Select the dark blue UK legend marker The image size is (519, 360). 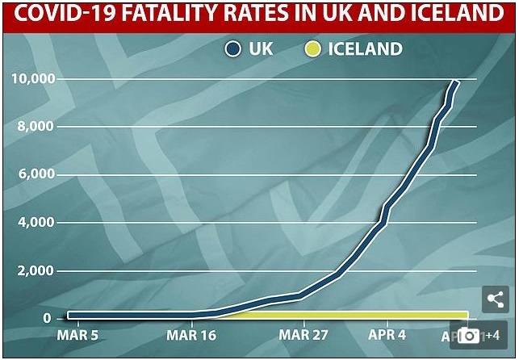(234, 49)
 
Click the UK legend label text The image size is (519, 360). (261, 49)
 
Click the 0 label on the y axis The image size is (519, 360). (47, 318)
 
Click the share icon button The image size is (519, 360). (493, 299)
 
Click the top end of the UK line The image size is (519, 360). (456, 82)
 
